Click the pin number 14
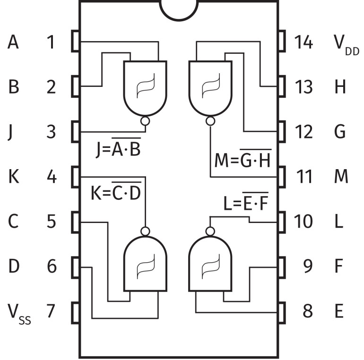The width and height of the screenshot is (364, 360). click(x=303, y=43)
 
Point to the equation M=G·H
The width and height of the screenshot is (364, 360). click(x=243, y=161)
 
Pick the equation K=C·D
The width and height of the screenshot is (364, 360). click(x=116, y=193)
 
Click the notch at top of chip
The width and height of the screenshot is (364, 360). click(x=179, y=9)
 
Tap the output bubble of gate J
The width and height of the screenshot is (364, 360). click(x=145, y=121)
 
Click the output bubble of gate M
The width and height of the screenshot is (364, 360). click(x=210, y=121)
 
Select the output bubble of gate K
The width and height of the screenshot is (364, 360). click(x=145, y=231)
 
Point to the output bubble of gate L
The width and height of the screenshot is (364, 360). click(x=210, y=231)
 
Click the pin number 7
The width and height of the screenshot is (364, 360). click(x=51, y=311)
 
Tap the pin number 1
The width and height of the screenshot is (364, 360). click(x=51, y=43)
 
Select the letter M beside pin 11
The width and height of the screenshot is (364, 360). click(x=340, y=177)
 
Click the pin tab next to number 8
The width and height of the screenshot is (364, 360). click(x=282, y=311)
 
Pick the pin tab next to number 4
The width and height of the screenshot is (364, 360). click(x=75, y=177)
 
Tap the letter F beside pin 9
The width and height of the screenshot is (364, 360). click(x=338, y=266)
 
